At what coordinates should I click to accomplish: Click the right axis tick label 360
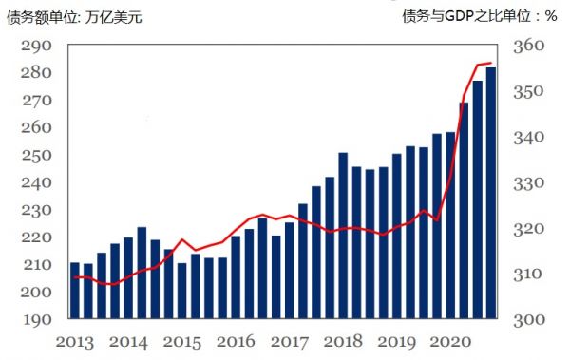(x=528, y=46)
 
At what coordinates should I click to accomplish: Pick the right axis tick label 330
(x=528, y=183)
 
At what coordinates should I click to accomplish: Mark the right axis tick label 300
(x=528, y=320)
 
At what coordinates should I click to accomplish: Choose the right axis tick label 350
(x=528, y=92)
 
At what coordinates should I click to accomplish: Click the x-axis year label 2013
(x=76, y=341)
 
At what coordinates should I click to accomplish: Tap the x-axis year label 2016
(x=237, y=341)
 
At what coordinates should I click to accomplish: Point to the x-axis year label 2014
(x=129, y=341)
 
